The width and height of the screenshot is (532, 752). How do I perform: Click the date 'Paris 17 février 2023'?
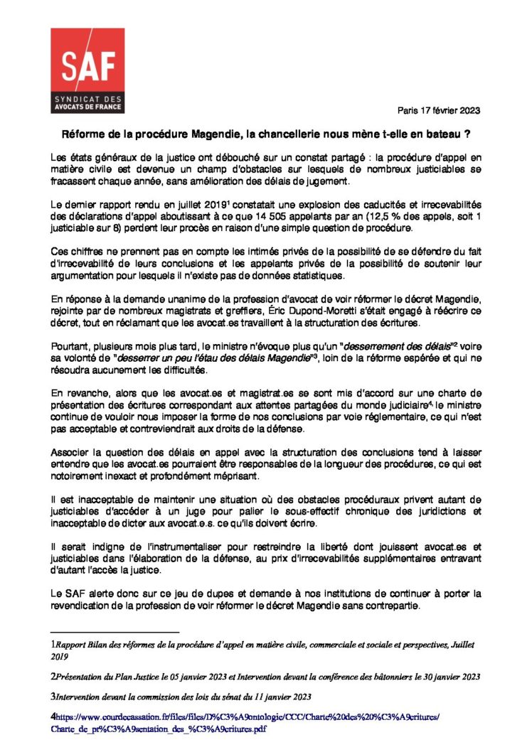(x=439, y=110)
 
